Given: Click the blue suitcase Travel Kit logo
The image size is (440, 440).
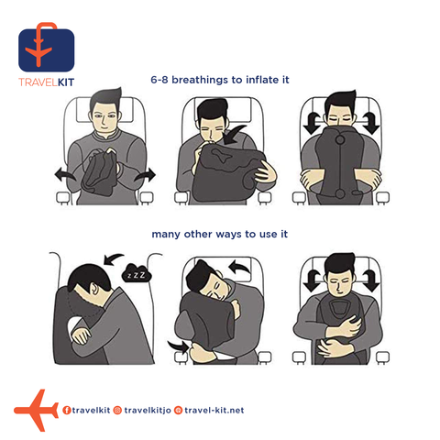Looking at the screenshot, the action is point(47,48).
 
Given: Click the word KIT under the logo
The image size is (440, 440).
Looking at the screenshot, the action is point(66,82).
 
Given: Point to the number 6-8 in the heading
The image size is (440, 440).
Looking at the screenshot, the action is point(159,80).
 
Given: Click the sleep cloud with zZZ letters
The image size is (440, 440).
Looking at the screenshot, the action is point(137,273).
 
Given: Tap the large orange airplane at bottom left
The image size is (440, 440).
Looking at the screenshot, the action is point(36,410).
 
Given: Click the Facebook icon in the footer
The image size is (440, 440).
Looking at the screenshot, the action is point(67,410).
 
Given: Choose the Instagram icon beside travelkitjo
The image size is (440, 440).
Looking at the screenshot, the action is point(117,410).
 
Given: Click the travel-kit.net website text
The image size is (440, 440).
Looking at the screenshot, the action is point(214,410).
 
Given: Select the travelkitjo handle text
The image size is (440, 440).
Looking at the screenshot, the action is point(148,411).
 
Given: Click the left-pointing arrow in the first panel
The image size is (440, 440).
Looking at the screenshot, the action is point(65,175).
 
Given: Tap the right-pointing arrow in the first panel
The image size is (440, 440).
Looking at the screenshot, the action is point(145,175).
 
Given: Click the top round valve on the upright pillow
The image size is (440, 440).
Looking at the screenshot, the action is point(340,140).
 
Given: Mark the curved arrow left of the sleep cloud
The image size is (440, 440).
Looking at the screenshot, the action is point(113,258).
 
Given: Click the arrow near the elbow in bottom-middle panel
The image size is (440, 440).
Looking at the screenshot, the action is point(179,346).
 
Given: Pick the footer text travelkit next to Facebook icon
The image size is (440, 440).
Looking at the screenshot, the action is point(91,410).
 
